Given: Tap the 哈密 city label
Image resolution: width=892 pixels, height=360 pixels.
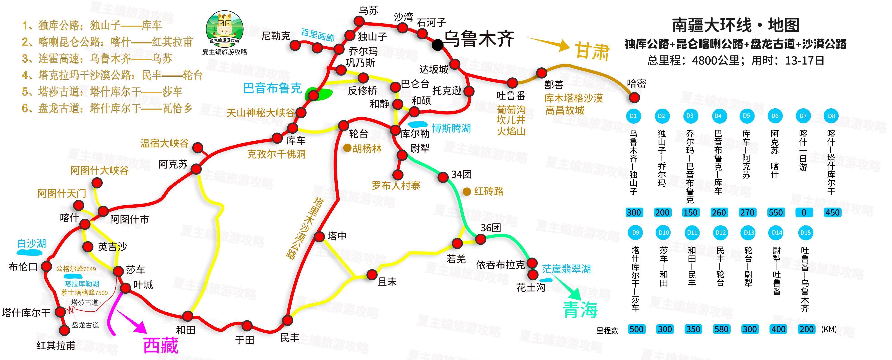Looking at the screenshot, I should pos(636,83).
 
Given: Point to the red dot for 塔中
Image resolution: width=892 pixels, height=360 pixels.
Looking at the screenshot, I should pos(319,237).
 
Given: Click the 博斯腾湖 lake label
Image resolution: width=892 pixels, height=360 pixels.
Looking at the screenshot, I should pos(451,128).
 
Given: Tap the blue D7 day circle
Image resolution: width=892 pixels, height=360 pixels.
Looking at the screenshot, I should pos(803,116).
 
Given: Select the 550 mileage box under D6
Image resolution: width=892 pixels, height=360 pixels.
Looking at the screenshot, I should pos(775,213).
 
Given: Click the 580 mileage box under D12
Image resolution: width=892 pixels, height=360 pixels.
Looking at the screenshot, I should pos(721,329).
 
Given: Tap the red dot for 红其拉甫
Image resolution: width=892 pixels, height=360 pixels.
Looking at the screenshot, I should pos(64,330).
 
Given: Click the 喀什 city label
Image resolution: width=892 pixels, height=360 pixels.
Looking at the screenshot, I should pos(69,218).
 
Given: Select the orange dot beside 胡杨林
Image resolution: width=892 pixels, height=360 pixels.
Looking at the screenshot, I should pos(347,148).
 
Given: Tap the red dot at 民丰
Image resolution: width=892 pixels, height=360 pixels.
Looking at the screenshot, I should pos(287,320).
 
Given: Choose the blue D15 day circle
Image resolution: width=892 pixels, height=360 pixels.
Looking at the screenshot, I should pos(805,233).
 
